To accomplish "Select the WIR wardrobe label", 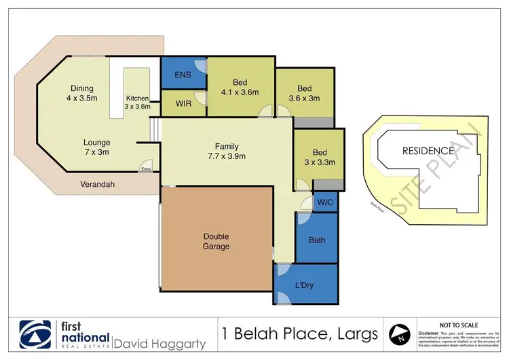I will pos(183,103).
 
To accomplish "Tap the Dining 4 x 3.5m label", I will pos(81,93).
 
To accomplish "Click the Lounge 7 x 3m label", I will pos(97,147).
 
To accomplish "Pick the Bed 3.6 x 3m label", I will pos(304,93).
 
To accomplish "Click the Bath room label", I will pos(317,240).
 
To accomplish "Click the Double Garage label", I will pos(216,241).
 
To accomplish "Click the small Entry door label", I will pos(146,170).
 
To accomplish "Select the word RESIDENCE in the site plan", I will pos(428,151).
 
